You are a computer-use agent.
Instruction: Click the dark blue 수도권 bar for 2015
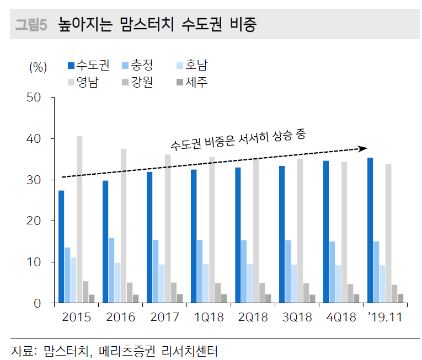61,246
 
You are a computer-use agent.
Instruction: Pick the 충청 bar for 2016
111,270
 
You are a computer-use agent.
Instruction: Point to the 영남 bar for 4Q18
344,232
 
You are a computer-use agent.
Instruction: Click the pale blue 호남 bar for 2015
73,280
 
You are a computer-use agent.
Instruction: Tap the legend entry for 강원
140,82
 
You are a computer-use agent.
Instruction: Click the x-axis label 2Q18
253,318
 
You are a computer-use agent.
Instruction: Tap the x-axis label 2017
165,318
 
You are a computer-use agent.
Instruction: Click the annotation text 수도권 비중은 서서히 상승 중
237,139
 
